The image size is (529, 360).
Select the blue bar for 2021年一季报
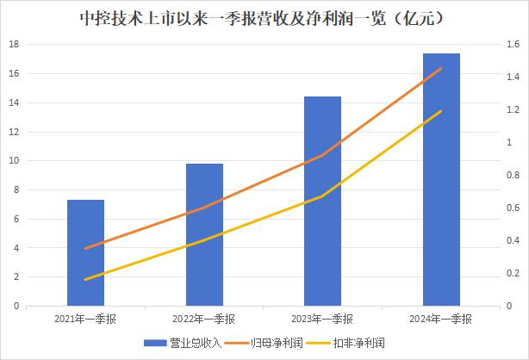(x=85, y=253)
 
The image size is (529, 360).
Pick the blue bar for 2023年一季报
(x=322, y=202)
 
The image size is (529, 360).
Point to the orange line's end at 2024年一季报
(x=441, y=69)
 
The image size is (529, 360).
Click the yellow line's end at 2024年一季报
(x=441, y=111)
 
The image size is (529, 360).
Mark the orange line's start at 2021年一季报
(x=85, y=248)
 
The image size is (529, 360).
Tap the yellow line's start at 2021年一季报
(x=85, y=280)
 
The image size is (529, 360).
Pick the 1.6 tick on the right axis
(x=512, y=44)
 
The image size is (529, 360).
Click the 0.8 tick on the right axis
(x=512, y=175)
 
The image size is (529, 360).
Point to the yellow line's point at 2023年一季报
(x=322, y=196)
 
